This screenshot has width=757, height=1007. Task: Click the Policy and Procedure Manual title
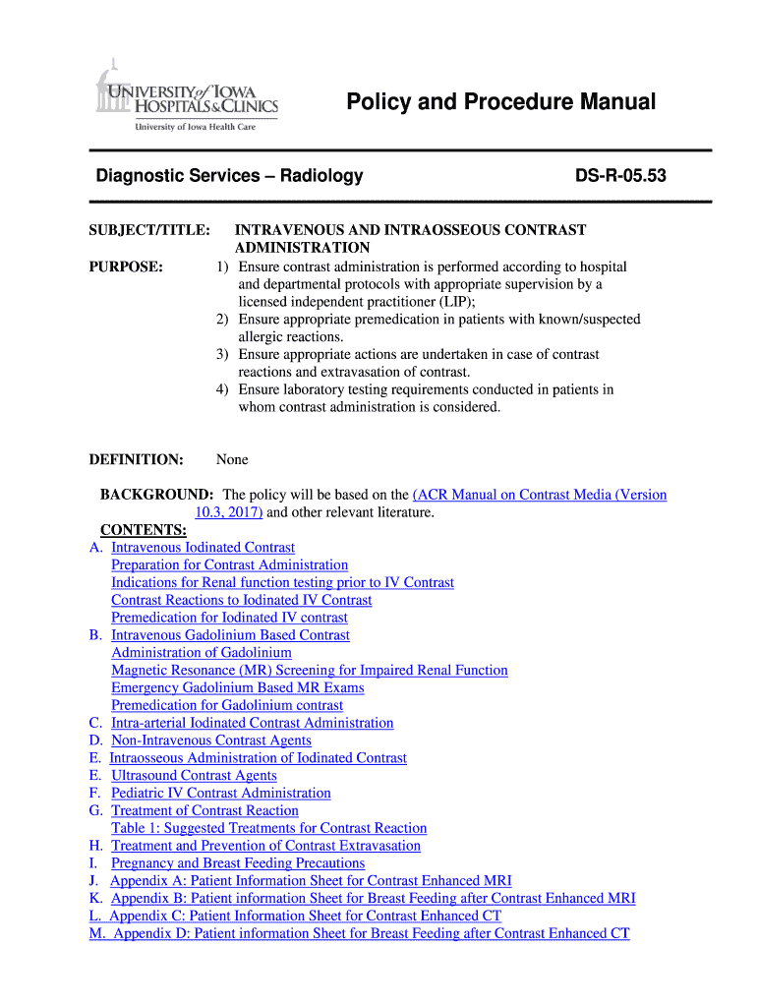coord(500,102)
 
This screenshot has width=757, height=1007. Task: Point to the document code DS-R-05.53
coord(620,176)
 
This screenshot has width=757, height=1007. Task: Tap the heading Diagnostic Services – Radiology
coord(229,176)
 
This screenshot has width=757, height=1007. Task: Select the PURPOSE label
coord(126,267)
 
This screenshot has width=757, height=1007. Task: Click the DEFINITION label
coord(136,459)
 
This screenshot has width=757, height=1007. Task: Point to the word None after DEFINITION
coord(232,459)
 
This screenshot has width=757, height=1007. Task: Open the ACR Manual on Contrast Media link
coord(540,495)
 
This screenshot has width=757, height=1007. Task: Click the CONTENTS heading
coord(144,530)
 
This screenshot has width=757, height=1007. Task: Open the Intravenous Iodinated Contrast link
coord(203,548)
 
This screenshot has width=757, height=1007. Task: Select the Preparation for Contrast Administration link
coord(229,565)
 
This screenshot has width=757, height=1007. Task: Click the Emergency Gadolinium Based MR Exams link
coord(237,688)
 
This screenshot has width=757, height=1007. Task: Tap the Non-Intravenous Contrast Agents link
coord(210,740)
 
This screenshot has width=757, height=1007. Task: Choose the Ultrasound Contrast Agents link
coord(194,776)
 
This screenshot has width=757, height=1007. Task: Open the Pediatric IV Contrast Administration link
coord(220,794)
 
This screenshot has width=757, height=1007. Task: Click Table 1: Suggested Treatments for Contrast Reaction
coord(268,828)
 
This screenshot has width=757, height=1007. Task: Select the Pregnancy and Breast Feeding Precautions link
coord(237,863)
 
